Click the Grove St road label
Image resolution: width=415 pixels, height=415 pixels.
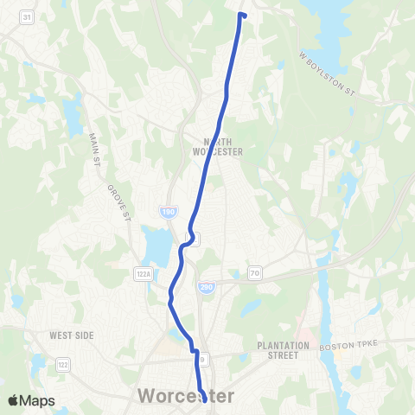coord(118,201)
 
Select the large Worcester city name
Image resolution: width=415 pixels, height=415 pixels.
coord(186,396)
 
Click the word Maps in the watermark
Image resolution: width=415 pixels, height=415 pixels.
coord(39,400)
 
